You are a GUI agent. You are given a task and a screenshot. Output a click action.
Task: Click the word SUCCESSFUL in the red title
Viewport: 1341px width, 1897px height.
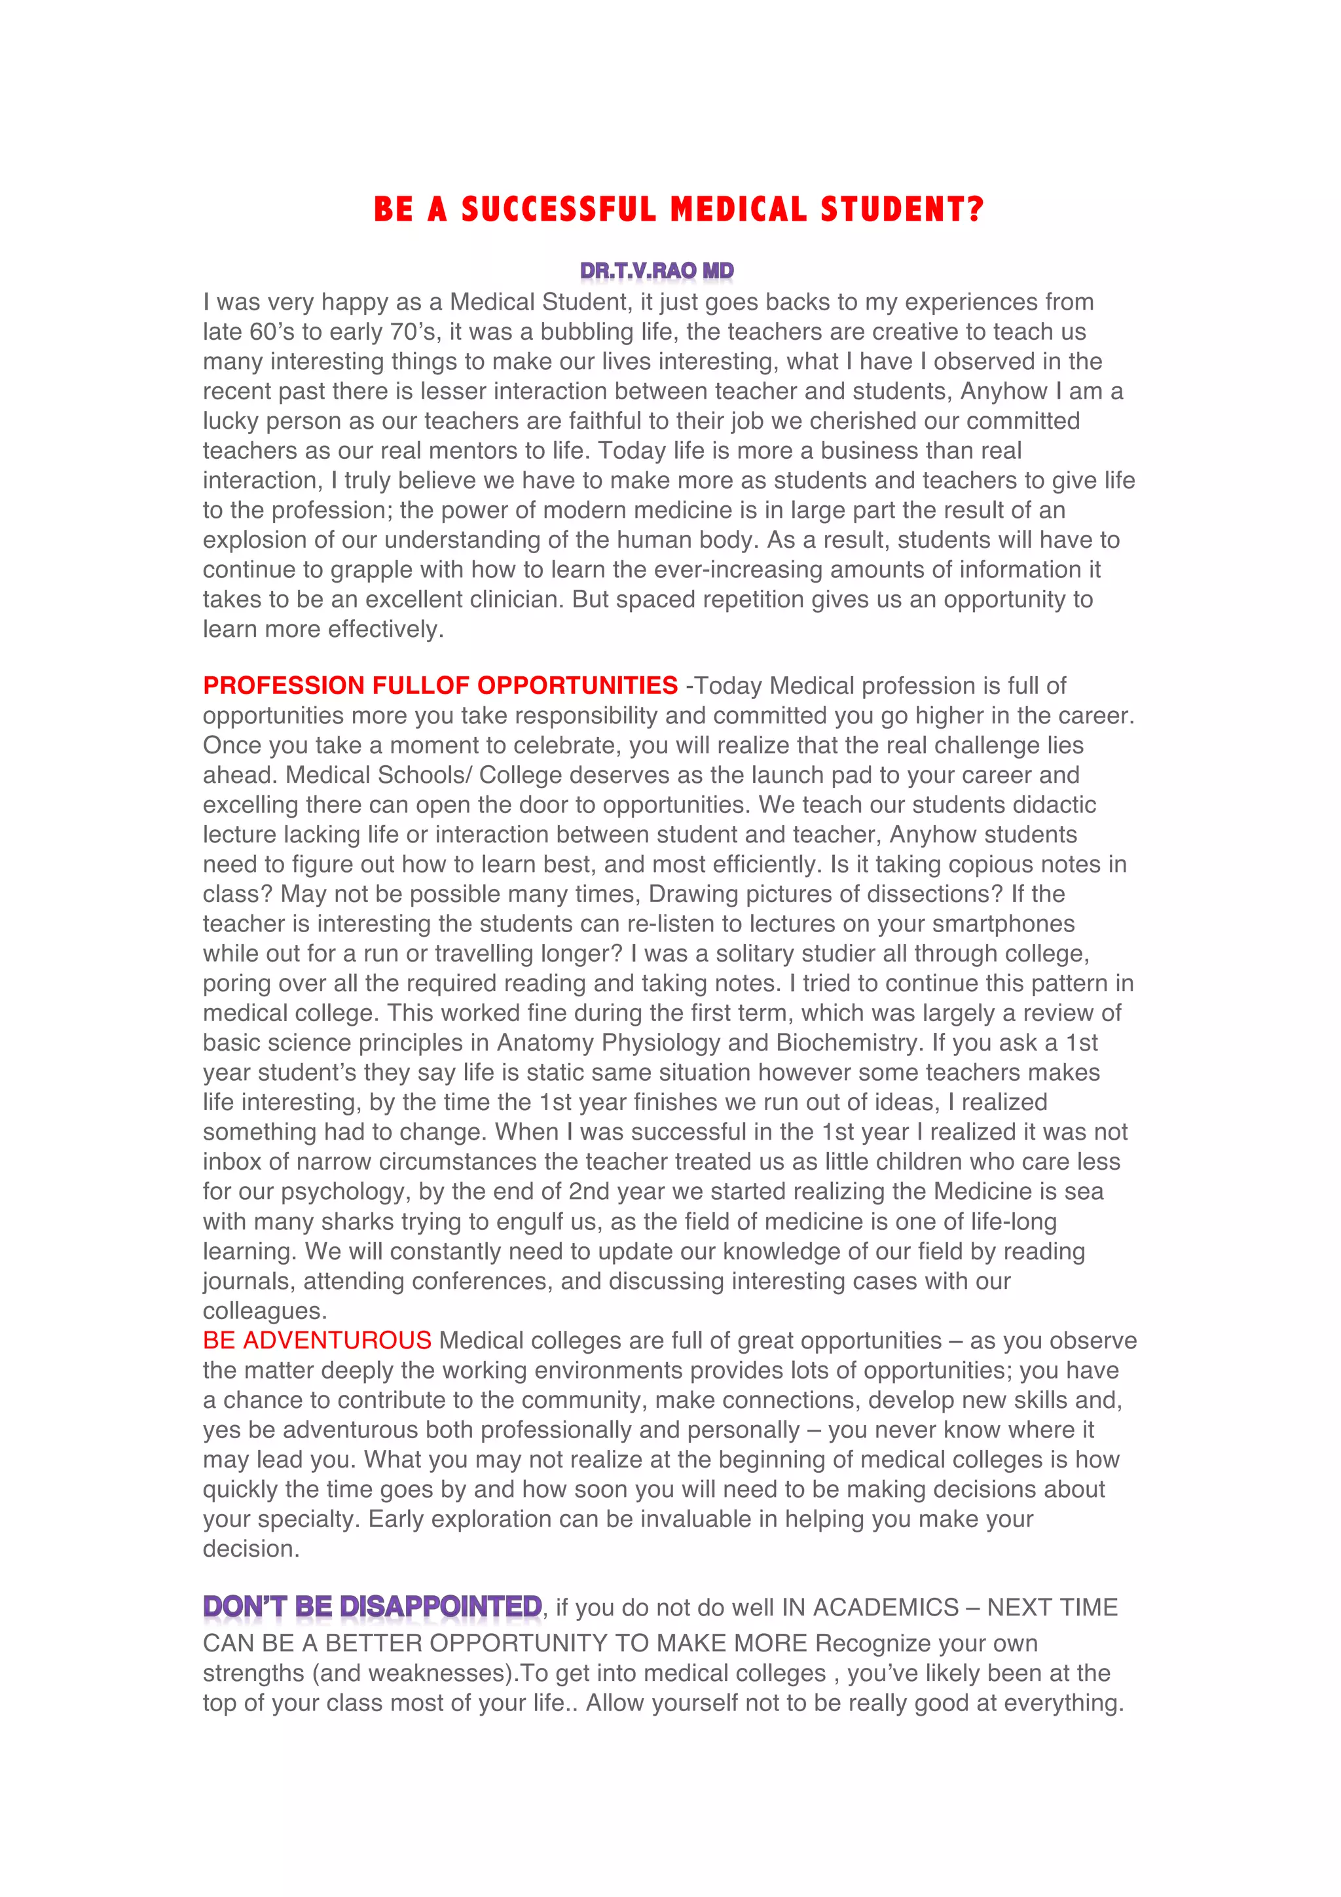tap(559, 210)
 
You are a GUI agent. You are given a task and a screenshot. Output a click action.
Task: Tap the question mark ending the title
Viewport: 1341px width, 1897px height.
tap(976, 210)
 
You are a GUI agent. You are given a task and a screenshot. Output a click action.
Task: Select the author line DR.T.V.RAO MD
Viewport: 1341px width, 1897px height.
tap(657, 271)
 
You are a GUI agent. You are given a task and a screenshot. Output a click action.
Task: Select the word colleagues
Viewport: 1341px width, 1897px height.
tap(265, 1311)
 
